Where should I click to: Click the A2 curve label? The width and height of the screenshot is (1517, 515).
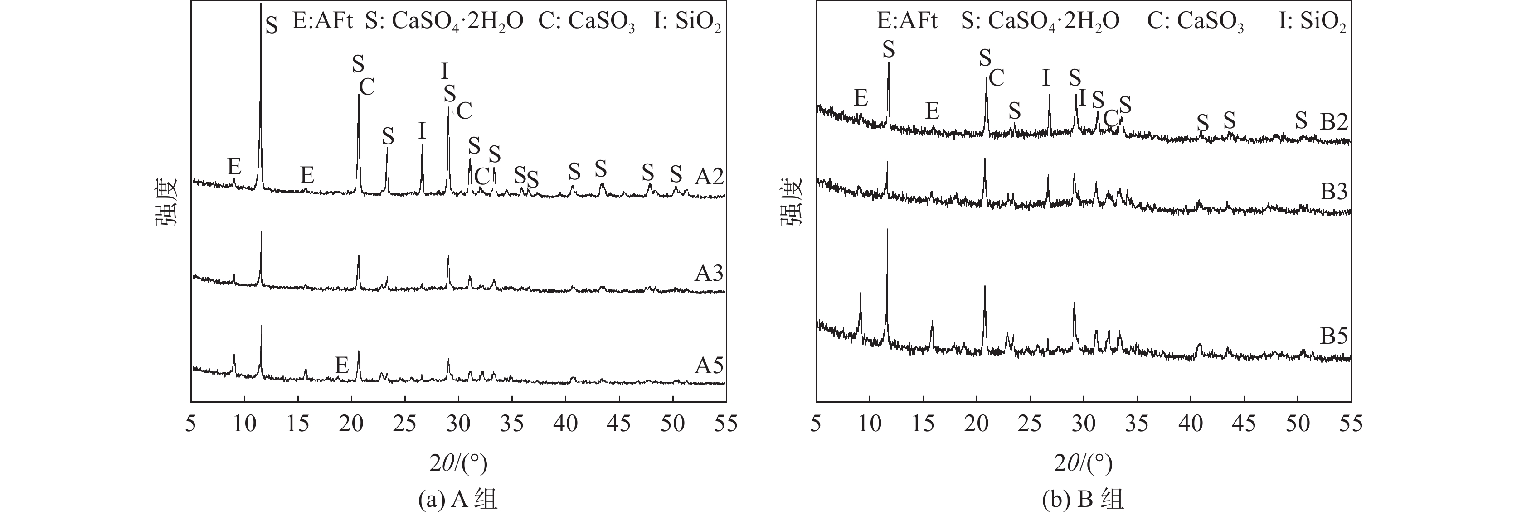[709, 177]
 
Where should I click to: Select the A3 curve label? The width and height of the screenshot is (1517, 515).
[709, 274]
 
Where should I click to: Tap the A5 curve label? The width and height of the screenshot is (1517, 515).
[709, 366]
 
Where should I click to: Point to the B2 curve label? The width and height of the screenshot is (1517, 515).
[1334, 122]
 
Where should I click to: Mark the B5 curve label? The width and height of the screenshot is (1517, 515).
[1334, 336]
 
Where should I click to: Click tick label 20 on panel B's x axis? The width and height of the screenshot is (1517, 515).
[977, 424]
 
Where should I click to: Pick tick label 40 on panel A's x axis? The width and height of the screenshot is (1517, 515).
[565, 424]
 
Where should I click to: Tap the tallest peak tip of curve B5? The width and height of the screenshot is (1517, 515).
[887, 230]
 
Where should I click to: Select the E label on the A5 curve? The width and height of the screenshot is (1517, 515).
[341, 366]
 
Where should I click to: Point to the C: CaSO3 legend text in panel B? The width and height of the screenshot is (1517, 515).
[1196, 22]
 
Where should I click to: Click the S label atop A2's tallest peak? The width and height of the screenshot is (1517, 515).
[272, 25]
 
